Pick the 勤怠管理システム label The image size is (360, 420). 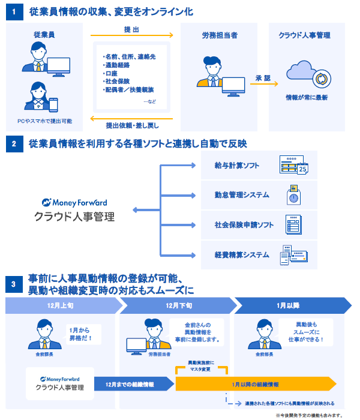coord(242,195)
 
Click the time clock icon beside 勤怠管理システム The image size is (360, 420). coord(293,195)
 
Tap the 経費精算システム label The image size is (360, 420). coord(242,255)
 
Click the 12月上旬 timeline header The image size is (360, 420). coord(61,305)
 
